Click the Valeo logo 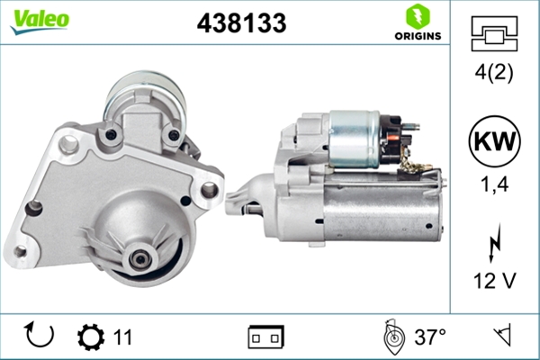point(40,22)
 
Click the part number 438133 point(241,23)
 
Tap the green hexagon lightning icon point(418,16)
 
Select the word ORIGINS point(418,36)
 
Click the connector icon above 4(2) point(494,34)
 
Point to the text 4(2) point(494,72)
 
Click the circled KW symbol point(494,141)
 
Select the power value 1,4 point(494,184)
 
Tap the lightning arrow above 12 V point(494,243)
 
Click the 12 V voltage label point(494,281)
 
